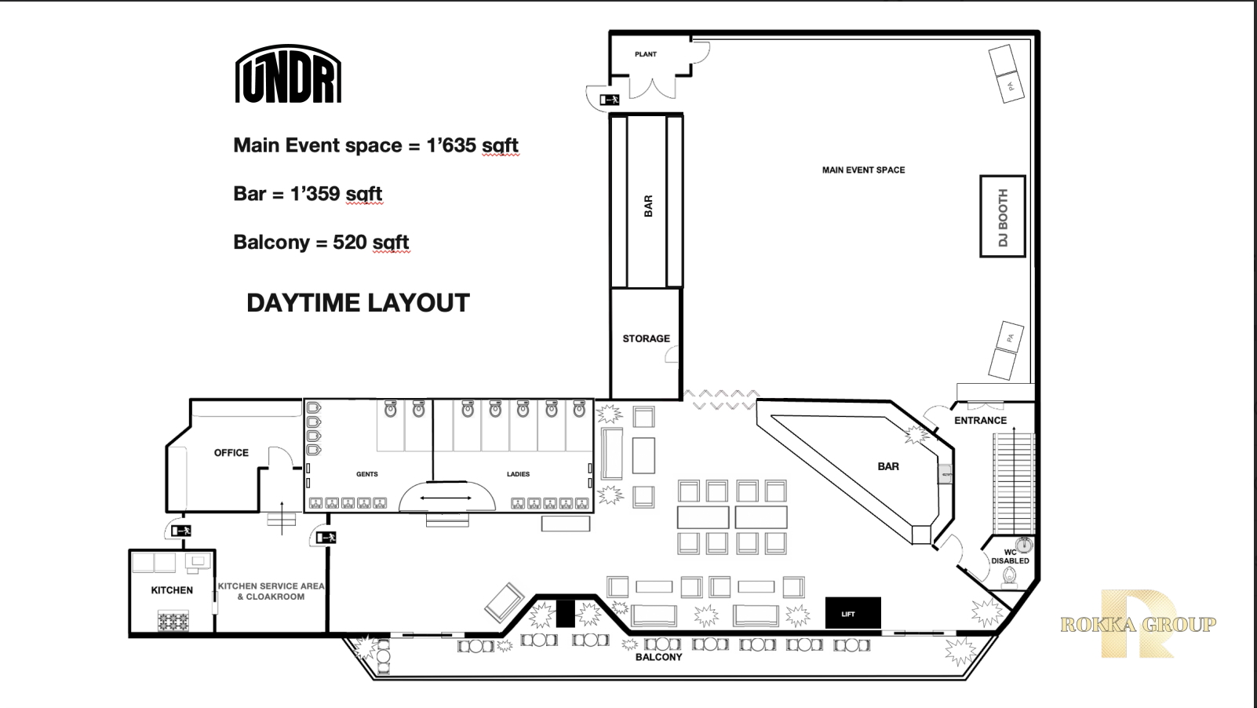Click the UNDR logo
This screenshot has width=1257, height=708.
click(x=288, y=74)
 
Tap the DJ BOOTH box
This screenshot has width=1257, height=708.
click(x=1003, y=216)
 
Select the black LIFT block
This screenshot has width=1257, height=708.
click(x=852, y=613)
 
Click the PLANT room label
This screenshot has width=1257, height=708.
click(x=645, y=54)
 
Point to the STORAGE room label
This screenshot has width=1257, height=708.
click(x=646, y=338)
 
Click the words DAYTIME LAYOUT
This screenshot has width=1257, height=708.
click(x=358, y=303)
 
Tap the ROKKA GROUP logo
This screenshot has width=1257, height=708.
click(x=1138, y=624)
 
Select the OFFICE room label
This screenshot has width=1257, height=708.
click(x=231, y=453)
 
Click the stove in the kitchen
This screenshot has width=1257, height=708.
click(x=173, y=621)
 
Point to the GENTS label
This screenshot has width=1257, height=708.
click(x=367, y=474)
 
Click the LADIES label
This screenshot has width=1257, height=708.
click(x=518, y=474)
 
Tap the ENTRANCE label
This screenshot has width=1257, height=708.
click(x=980, y=421)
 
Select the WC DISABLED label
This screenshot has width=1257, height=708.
click(x=1010, y=557)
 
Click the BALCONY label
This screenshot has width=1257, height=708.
click(x=659, y=657)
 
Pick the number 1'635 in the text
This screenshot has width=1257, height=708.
click(x=451, y=145)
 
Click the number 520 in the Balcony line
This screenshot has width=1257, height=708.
click(x=349, y=242)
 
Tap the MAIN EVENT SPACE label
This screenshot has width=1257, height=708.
click(x=864, y=170)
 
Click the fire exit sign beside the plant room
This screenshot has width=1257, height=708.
click(x=610, y=100)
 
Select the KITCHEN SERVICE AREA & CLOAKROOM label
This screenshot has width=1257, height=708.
click(x=271, y=591)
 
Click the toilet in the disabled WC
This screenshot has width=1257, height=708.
click(x=1010, y=577)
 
